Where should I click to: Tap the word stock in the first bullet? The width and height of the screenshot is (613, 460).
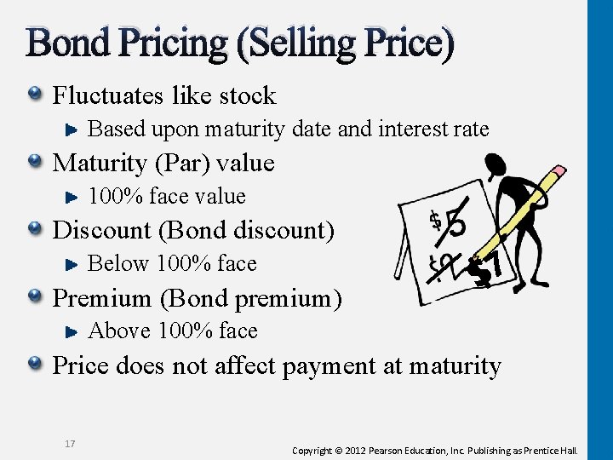246,95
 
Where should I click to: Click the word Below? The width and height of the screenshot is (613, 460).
118,264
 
